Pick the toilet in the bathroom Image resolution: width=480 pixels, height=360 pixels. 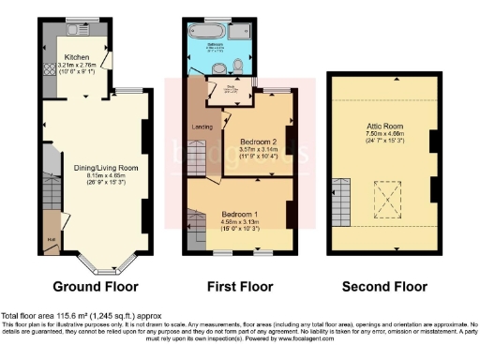(217, 66)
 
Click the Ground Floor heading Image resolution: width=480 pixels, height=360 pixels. (95, 286)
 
